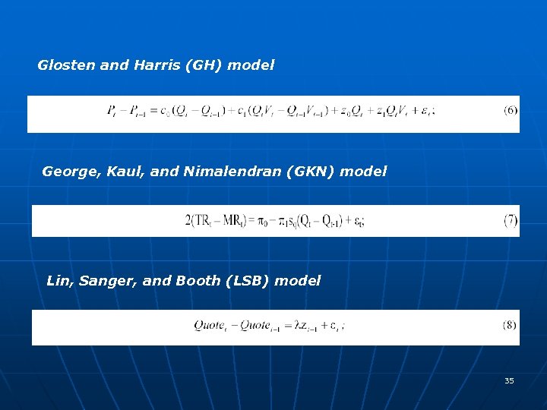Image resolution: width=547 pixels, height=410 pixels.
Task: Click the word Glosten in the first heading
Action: (66, 65)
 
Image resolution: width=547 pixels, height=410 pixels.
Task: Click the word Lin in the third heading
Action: (58, 281)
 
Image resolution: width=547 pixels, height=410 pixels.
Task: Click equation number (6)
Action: (511, 111)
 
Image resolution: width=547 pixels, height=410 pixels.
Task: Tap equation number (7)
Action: (511, 220)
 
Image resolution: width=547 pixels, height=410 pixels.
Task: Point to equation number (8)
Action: (510, 325)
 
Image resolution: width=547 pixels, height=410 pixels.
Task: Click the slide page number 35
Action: (509, 380)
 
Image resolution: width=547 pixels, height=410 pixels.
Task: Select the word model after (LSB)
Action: (298, 281)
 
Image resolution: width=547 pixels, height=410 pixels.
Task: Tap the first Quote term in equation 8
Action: (210, 326)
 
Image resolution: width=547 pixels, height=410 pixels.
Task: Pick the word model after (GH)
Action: (251, 65)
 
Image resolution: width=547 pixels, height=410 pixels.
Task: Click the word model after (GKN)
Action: (363, 172)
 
